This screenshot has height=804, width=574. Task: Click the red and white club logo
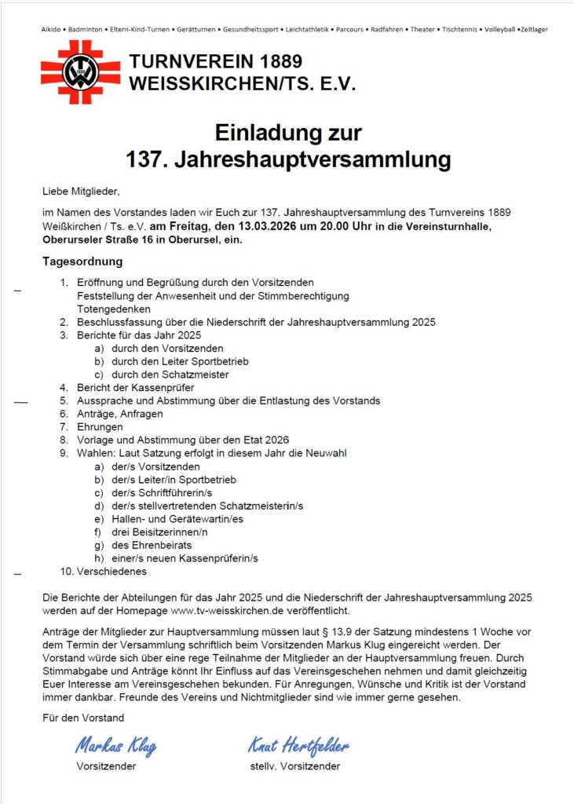[80, 72]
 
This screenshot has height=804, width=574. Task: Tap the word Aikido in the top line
[52, 30]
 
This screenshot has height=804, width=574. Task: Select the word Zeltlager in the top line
[533, 30]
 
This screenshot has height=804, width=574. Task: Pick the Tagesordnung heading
[82, 261]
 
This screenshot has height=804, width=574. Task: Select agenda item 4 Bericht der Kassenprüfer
[136, 387]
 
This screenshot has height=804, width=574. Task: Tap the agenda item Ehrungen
[100, 427]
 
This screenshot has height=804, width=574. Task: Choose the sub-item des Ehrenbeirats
[152, 545]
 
